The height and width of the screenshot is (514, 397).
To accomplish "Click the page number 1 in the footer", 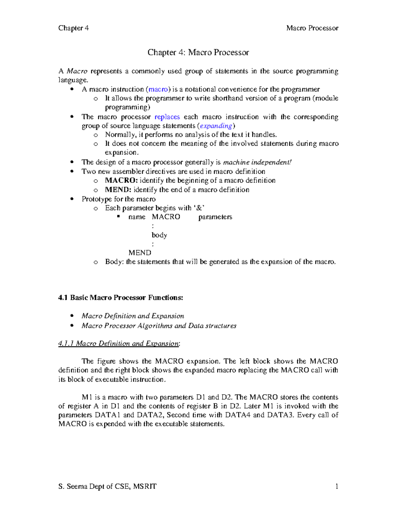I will (336, 486).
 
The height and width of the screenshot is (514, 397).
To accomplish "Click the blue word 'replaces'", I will (167, 117).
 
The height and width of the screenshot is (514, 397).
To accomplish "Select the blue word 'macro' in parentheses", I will (158, 89).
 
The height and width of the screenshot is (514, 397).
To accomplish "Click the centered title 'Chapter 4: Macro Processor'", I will (198, 52).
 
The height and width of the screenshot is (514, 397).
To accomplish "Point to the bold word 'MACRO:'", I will (121, 180).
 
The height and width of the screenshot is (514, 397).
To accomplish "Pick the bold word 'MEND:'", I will (118, 190).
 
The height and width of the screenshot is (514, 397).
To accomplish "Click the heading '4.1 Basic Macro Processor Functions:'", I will (120, 298).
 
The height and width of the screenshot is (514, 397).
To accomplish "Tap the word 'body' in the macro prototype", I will (159, 235).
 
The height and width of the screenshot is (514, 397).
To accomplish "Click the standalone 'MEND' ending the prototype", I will (140, 253).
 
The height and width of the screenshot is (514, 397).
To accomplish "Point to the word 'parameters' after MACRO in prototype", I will (215, 217).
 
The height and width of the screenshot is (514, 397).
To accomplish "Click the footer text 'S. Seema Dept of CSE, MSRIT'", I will (107, 486).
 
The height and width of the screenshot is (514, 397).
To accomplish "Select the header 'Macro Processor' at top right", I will (312, 28).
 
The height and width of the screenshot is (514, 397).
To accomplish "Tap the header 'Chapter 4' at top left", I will (73, 28).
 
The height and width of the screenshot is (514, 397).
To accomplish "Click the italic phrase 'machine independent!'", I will (257, 162).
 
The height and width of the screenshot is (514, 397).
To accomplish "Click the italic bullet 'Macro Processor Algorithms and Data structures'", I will (159, 326).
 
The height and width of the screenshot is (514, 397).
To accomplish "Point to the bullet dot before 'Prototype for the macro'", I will (72, 199).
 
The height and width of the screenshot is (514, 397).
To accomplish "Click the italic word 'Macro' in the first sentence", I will (77, 71).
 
